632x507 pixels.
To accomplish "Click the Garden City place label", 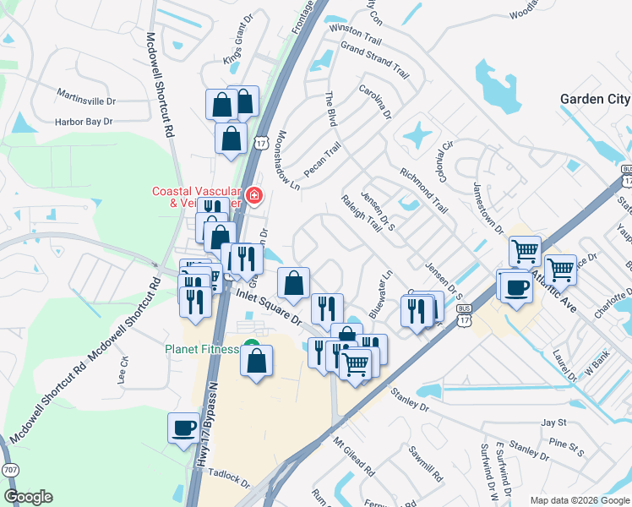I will (x=595, y=99).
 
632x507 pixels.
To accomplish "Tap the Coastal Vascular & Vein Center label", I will (x=196, y=196).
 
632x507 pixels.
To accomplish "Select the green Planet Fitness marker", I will (x=251, y=345).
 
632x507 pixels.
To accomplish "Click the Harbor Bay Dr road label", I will (x=84, y=122).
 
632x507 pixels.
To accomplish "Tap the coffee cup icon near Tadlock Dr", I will (x=183, y=427).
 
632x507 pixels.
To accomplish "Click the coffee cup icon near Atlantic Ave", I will (x=515, y=286).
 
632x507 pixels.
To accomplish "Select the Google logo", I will (x=29, y=496).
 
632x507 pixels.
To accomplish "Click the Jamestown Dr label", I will (x=488, y=208).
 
